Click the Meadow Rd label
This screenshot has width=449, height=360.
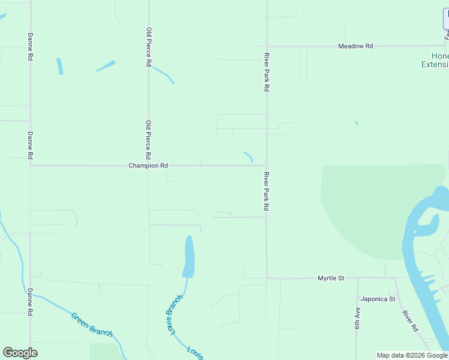coord(355,46)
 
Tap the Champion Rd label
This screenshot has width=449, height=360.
coord(148,166)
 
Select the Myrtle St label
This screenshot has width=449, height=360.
coord(331,278)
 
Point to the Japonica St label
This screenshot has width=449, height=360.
coord(378,299)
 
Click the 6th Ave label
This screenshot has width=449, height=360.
coord(357,318)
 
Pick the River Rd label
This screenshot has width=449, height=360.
coord(411,321)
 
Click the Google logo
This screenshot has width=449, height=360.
coord(20,353)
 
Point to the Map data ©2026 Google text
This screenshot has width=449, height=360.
coord(412,356)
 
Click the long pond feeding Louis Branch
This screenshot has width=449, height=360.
coord(188,257)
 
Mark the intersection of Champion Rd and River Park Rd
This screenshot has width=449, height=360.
coord(267,166)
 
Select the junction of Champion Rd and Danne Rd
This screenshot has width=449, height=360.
coord(30,166)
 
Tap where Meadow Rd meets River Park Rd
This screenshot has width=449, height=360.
coord(267,46)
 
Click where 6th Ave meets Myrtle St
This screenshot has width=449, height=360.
coord(357,278)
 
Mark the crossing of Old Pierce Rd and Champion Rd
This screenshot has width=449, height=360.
coord(148,166)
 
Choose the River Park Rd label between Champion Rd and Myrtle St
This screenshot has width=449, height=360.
coord(267,191)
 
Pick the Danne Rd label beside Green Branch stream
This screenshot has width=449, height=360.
coord(30,302)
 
